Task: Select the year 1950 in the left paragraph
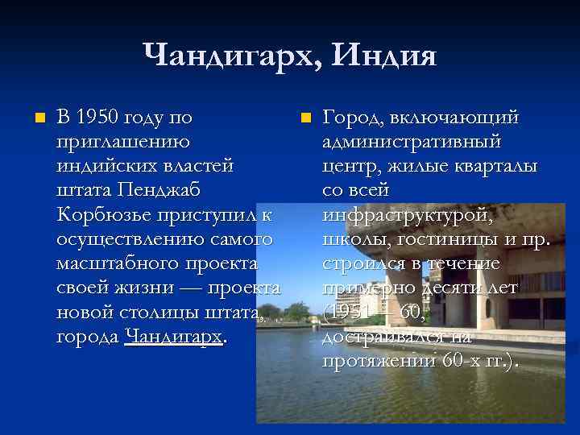[x=101, y=118]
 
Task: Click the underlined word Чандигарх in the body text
[x=174, y=336]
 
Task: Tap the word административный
[x=411, y=143]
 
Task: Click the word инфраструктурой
[x=406, y=215]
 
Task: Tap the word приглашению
[x=123, y=143]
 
